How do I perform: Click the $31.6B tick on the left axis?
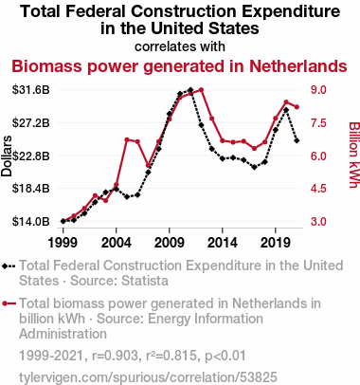tap(31, 90)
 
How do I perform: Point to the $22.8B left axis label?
tap(31, 156)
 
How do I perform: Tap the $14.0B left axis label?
tap(31, 222)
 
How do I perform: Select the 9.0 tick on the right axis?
tap(318, 90)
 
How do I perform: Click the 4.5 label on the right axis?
tap(318, 189)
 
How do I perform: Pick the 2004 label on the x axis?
tap(117, 243)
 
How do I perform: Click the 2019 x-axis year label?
tap(276, 243)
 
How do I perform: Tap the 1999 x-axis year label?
tap(63, 243)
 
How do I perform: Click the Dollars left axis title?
tap(7, 156)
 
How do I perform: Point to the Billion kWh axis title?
tap(354, 155)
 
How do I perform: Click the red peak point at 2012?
tap(201, 90)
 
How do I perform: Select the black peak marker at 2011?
tap(190, 90)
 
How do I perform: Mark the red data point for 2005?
tap(127, 139)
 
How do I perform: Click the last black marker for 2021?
tap(297, 140)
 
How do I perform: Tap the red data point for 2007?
tap(148, 165)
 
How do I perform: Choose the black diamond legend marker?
tap(9, 266)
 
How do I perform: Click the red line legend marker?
tap(9, 303)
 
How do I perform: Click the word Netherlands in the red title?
tap(298, 66)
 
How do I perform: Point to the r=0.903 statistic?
tap(115, 356)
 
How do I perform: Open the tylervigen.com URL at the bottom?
tap(148, 377)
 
